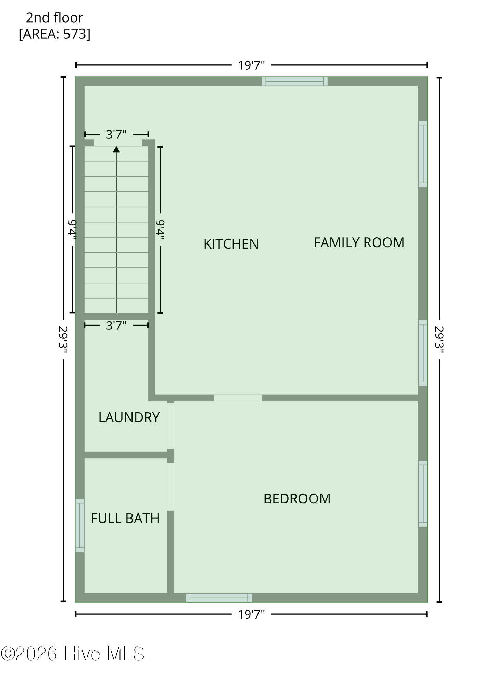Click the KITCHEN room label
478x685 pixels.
pyautogui.click(x=231, y=244)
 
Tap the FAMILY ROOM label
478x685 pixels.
pyautogui.click(x=359, y=242)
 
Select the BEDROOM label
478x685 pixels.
pyautogui.click(x=297, y=499)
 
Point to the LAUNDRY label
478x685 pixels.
pyautogui.click(x=129, y=418)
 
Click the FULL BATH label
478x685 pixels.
pyautogui.click(x=125, y=519)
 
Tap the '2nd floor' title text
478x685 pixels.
pyautogui.click(x=55, y=18)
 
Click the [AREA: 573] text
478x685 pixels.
pyautogui.click(x=55, y=34)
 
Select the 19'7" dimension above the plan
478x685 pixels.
pyautogui.click(x=252, y=65)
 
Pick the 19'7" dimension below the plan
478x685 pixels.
pyautogui.click(x=252, y=614)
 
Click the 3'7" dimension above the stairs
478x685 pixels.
pyautogui.click(x=116, y=135)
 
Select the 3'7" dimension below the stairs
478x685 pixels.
pyautogui.click(x=116, y=325)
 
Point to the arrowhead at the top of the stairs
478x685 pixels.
pyautogui.click(x=116, y=149)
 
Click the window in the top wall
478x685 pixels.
pyautogui.click(x=294, y=82)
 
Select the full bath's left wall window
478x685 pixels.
pyautogui.click(x=80, y=525)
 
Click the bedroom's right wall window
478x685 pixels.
pyautogui.click(x=423, y=494)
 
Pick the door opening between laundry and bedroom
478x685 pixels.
pyautogui.click(x=171, y=426)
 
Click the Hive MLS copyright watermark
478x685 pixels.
pyautogui.click(x=73, y=654)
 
